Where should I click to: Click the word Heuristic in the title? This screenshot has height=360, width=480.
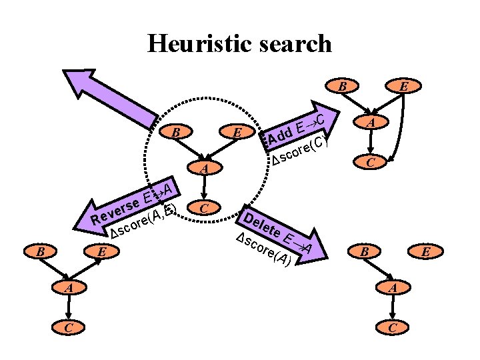tap(195, 43)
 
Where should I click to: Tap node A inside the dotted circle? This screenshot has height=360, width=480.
tap(205, 169)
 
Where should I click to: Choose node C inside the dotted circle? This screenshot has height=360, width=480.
tap(205, 208)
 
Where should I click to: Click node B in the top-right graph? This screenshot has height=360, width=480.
tap(342, 86)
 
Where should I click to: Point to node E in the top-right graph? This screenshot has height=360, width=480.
tap(403, 86)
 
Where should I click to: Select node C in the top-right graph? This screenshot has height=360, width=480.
tap(373, 161)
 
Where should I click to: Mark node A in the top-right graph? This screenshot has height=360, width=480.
tap(373, 123)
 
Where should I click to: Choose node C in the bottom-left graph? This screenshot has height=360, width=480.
tap(71, 327)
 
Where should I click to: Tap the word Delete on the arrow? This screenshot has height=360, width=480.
tap(262, 225)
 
